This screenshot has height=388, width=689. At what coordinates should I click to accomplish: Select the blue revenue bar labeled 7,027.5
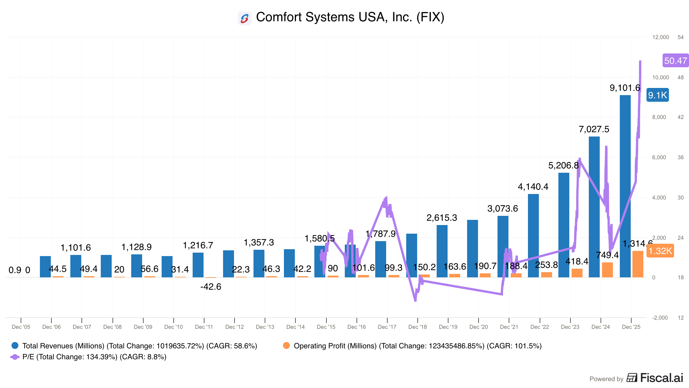coord(594,207)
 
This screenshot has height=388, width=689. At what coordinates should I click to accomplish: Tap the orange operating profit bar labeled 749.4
coord(607,270)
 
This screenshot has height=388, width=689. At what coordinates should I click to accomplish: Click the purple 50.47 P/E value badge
coord(675,61)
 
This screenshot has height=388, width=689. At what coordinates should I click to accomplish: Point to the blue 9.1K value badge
coord(657,95)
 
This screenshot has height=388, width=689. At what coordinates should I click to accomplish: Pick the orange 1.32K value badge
coord(660,251)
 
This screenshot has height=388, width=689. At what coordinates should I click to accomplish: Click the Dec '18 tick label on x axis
coord(417,327)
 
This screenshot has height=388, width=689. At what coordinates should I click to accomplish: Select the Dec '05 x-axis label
coord(21,327)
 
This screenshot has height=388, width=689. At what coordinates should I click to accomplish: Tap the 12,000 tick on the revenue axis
coord(660,37)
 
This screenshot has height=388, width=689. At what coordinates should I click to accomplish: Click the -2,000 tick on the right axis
coord(660,318)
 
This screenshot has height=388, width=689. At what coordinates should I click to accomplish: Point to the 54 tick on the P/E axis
coord(680,37)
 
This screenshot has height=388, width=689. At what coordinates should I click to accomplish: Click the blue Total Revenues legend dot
coord(15,345)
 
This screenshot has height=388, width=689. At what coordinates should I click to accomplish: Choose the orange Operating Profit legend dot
coord(286,345)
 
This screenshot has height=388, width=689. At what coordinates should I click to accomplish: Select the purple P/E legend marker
coord(15,357)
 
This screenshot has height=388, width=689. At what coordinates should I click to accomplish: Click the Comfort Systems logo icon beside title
coord(245,18)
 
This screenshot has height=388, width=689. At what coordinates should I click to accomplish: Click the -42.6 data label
coord(211,287)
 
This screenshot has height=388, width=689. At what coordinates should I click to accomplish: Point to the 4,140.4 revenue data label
coord(533,187)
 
